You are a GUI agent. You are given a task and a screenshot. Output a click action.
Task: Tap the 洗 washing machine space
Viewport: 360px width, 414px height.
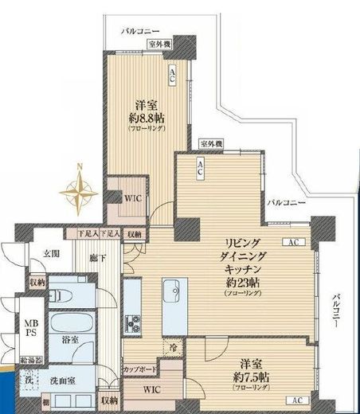(28, 378)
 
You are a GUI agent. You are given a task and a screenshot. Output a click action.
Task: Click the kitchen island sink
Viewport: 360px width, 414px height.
(170, 293)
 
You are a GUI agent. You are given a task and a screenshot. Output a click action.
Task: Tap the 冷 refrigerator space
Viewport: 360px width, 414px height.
(172, 347)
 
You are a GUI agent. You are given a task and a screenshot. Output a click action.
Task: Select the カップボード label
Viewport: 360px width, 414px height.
(139, 369)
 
